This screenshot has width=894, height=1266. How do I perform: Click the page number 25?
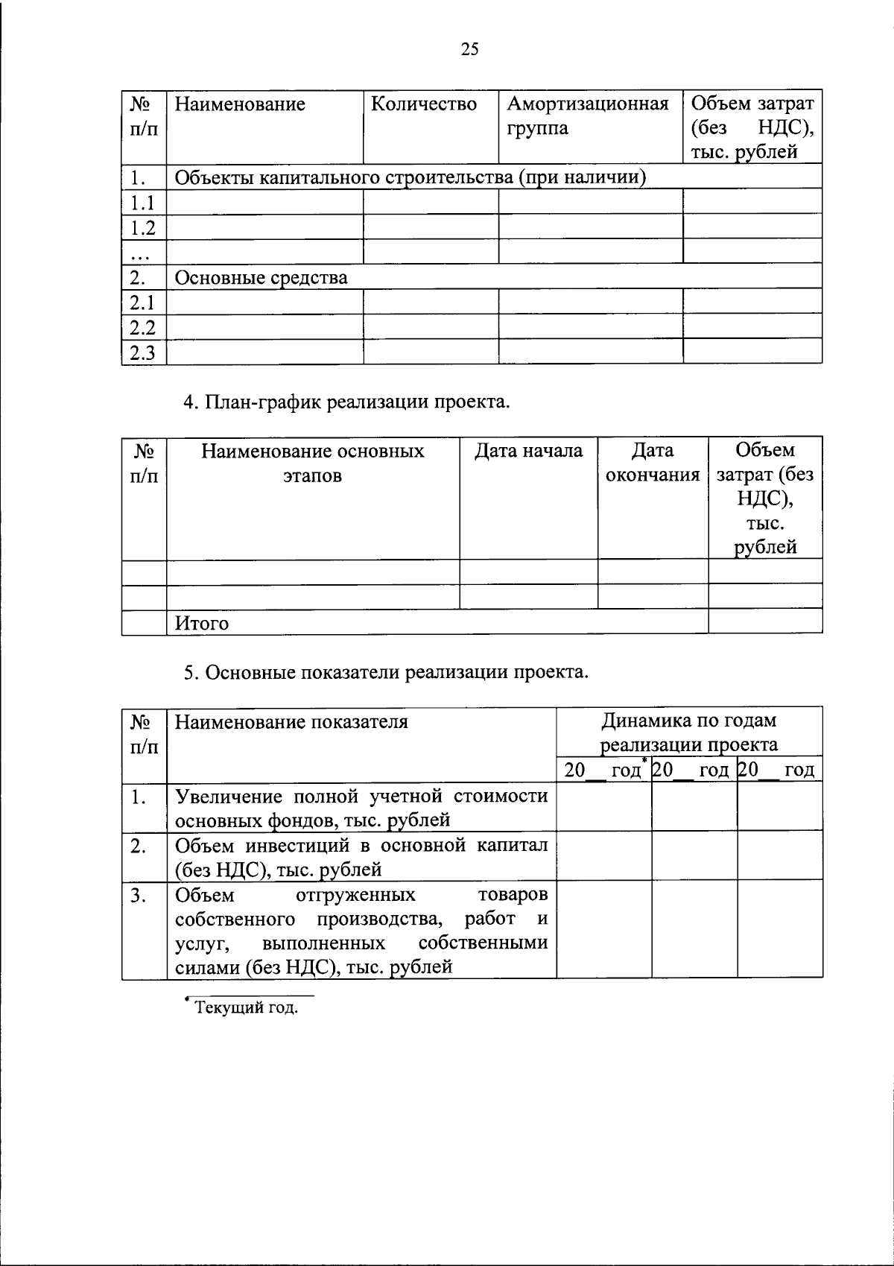point(469,49)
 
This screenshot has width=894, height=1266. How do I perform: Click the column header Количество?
point(424,104)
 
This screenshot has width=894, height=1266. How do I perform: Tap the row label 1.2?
point(142,227)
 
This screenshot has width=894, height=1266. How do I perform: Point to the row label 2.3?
point(142,352)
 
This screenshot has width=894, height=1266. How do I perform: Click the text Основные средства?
point(261,278)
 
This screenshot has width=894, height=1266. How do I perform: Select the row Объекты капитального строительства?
point(409,177)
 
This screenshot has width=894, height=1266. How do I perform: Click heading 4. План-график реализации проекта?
point(347,402)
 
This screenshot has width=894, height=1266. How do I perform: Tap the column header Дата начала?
point(528,451)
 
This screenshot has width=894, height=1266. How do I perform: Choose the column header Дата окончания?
point(653,463)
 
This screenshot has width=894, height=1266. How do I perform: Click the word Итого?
point(202,623)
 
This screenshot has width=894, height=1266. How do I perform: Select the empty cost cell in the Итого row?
point(764,621)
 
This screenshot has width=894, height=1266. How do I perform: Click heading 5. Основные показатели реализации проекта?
point(387,673)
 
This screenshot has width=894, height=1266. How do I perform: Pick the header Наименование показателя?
point(291,721)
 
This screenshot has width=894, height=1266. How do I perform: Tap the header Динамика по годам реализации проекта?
point(688,732)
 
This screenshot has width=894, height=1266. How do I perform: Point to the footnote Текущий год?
point(245,1008)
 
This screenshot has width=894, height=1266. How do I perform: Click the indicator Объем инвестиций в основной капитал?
point(361,857)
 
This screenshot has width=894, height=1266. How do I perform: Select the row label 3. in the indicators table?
point(138,895)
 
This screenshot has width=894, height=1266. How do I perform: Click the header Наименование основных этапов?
point(312,463)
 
